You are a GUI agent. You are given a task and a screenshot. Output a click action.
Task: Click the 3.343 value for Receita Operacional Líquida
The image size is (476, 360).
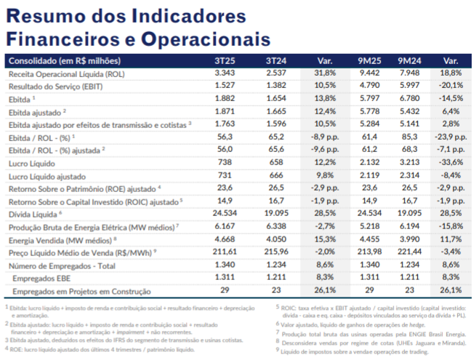point(225,73)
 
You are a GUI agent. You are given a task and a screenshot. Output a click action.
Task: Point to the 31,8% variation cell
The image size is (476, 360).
point(325,73)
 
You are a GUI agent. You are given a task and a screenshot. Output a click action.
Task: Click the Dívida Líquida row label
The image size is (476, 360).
point(34,214)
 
